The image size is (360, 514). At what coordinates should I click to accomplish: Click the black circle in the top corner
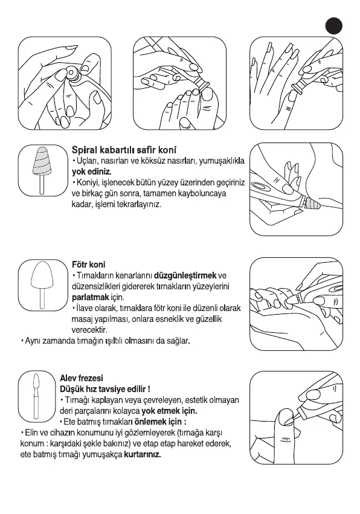334,25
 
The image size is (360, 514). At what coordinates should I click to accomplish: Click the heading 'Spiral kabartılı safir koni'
124,150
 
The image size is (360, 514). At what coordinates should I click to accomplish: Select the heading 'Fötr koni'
89,265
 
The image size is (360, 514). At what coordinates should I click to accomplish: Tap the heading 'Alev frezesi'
82,378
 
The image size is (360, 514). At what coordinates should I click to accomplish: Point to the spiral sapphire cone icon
42,170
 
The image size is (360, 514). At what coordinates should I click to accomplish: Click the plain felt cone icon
42,285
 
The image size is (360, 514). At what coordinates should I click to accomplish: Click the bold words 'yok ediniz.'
91,172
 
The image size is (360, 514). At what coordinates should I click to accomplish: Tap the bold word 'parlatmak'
91,298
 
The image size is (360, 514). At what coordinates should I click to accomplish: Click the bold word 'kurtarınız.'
143,455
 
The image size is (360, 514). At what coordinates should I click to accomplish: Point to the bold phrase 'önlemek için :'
160,422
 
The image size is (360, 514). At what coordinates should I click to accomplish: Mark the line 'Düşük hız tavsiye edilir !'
105,389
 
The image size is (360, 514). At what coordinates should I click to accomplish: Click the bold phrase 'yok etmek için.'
170,411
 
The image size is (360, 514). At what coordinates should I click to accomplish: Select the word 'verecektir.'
89,329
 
